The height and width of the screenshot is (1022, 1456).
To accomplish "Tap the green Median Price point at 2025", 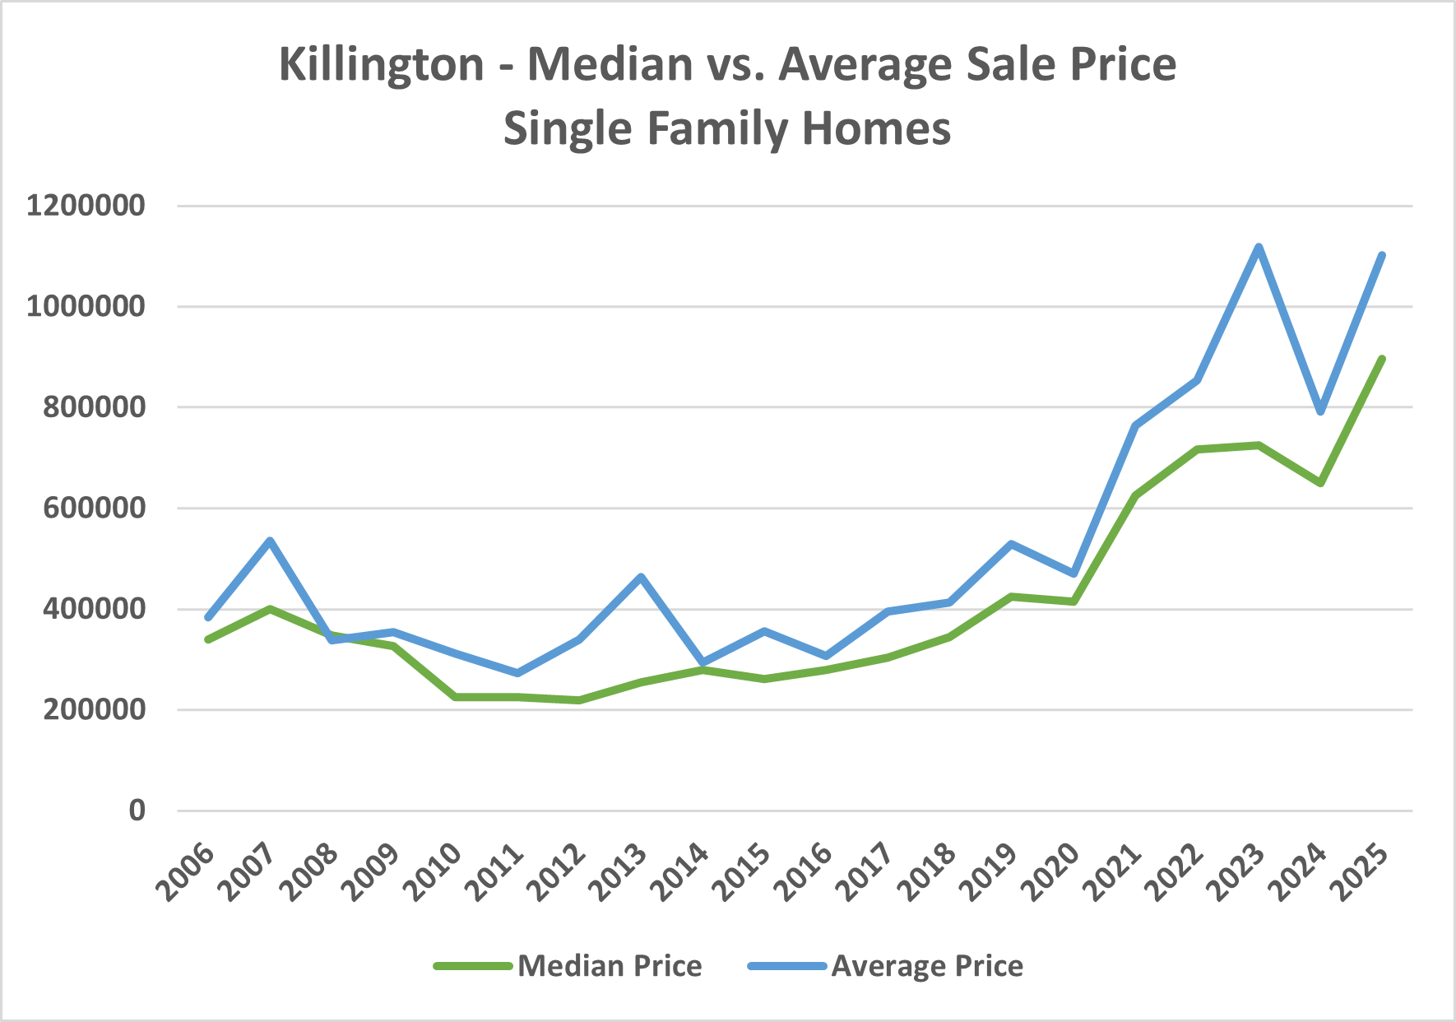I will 1382,359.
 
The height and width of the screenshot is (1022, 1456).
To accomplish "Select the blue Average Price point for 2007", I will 270,541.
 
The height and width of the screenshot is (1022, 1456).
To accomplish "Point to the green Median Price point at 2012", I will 579,700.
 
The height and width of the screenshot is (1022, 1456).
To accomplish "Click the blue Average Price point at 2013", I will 641,577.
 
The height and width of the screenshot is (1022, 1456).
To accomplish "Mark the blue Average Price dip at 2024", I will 1320,411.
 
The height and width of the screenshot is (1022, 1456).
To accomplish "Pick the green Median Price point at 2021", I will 1135,495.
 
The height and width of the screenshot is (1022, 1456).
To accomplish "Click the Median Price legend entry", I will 609,966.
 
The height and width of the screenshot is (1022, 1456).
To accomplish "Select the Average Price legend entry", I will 927,966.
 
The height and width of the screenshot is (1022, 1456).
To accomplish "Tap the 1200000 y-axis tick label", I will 86,206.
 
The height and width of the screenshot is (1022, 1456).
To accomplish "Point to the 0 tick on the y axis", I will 137,811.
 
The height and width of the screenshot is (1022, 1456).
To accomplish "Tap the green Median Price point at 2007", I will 270,609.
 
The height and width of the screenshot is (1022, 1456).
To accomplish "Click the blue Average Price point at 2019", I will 1012,544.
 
